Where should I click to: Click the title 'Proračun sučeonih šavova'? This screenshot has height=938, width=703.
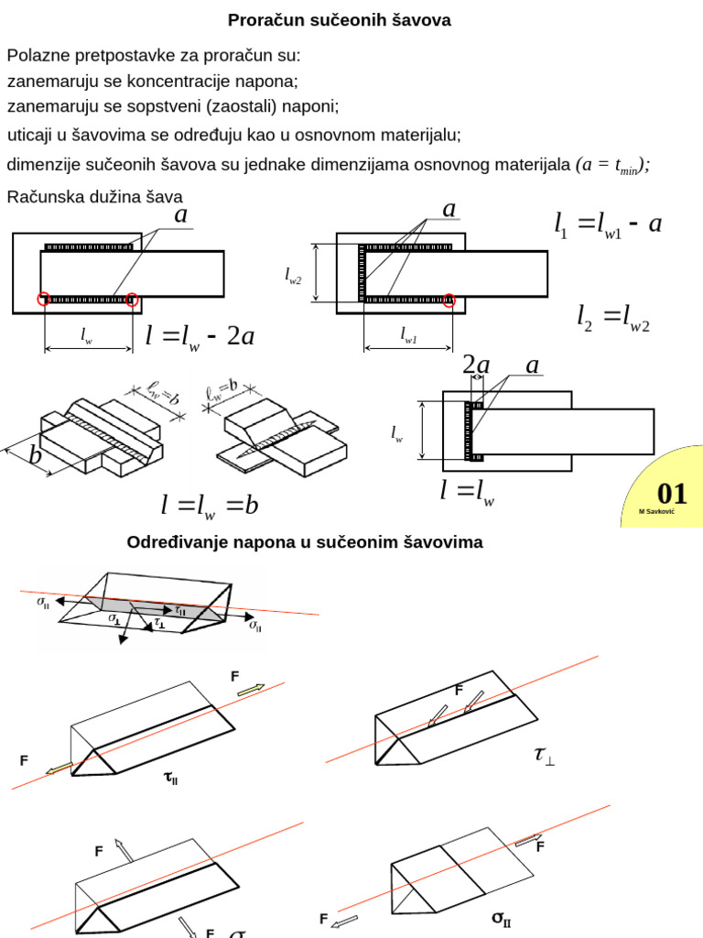point(339,19)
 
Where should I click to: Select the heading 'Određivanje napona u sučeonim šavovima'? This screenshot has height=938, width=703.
point(304,542)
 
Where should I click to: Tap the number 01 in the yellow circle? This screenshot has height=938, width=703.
point(672,496)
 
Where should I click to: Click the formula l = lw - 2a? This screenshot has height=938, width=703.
point(200,336)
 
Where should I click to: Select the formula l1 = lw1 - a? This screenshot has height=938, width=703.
point(607,224)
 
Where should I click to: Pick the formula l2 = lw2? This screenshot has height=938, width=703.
point(613,317)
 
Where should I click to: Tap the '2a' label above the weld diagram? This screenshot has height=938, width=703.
point(476,365)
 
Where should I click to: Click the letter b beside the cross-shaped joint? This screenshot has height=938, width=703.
point(36,455)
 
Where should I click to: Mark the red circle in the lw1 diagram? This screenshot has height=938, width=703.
point(449,300)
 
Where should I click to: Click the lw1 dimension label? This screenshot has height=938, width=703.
point(408,338)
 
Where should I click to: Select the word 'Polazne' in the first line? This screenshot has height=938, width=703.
point(36,55)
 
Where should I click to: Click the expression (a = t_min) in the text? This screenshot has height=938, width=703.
point(612,165)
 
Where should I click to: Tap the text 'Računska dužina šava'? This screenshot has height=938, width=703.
point(95,196)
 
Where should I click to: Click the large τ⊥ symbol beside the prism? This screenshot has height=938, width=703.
point(544,755)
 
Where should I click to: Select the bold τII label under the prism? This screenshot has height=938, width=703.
point(170,779)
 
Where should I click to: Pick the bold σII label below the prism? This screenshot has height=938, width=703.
point(502,917)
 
